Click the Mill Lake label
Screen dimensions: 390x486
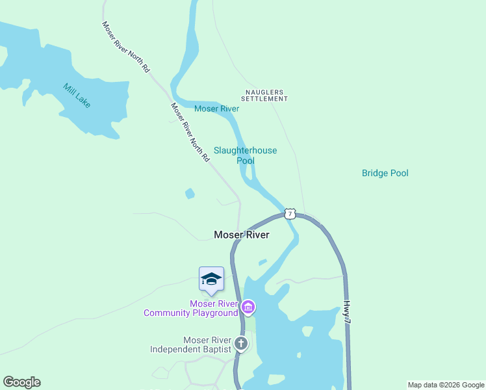click(x=77, y=96)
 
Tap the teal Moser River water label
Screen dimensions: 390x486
click(x=216, y=109)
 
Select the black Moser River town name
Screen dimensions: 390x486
click(x=241, y=235)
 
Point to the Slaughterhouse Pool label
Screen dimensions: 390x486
click(x=245, y=155)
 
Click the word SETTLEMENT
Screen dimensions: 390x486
click(x=264, y=99)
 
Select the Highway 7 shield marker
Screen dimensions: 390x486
click(x=290, y=213)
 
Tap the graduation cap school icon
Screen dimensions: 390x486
click(x=211, y=279)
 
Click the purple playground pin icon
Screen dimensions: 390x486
click(x=248, y=307)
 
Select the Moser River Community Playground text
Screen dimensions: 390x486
click(x=191, y=308)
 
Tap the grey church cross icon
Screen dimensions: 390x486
click(x=241, y=343)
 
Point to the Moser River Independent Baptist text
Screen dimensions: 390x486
click(x=190, y=344)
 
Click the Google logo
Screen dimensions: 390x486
click(x=21, y=382)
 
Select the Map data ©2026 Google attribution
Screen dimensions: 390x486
click(x=446, y=385)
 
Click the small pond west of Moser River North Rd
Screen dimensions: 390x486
click(x=189, y=193)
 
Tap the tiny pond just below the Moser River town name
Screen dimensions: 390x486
click(x=262, y=263)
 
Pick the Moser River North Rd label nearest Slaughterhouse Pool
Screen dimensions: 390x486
click(x=190, y=132)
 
